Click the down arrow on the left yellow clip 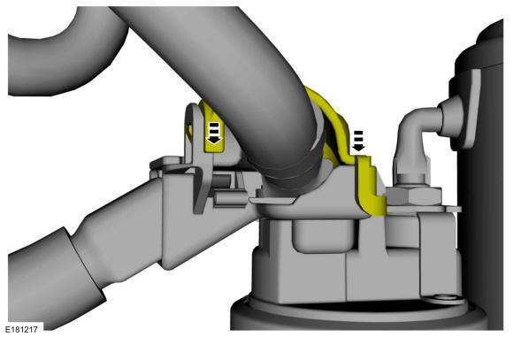[214, 134]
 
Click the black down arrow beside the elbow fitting [359, 142]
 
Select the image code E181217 [21, 330]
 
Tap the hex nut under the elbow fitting [414, 196]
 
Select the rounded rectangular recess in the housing [323, 235]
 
